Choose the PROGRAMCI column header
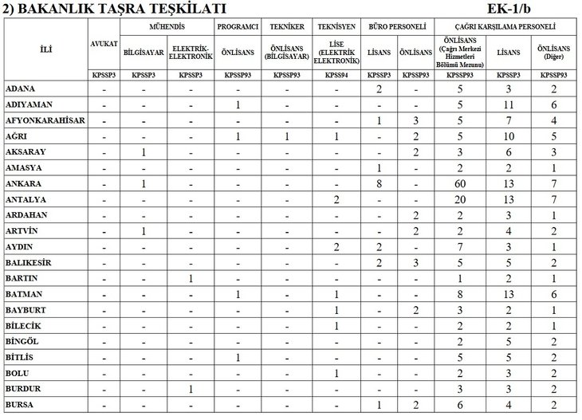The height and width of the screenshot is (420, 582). point(238,26)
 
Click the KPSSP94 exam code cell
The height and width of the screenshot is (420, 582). point(336,75)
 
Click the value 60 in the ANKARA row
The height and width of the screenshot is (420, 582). point(459,184)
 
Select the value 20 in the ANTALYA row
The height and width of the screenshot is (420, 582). point(459,200)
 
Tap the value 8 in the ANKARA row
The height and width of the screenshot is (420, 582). point(379,184)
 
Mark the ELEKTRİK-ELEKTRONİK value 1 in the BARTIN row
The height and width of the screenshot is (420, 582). point(191,279)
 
